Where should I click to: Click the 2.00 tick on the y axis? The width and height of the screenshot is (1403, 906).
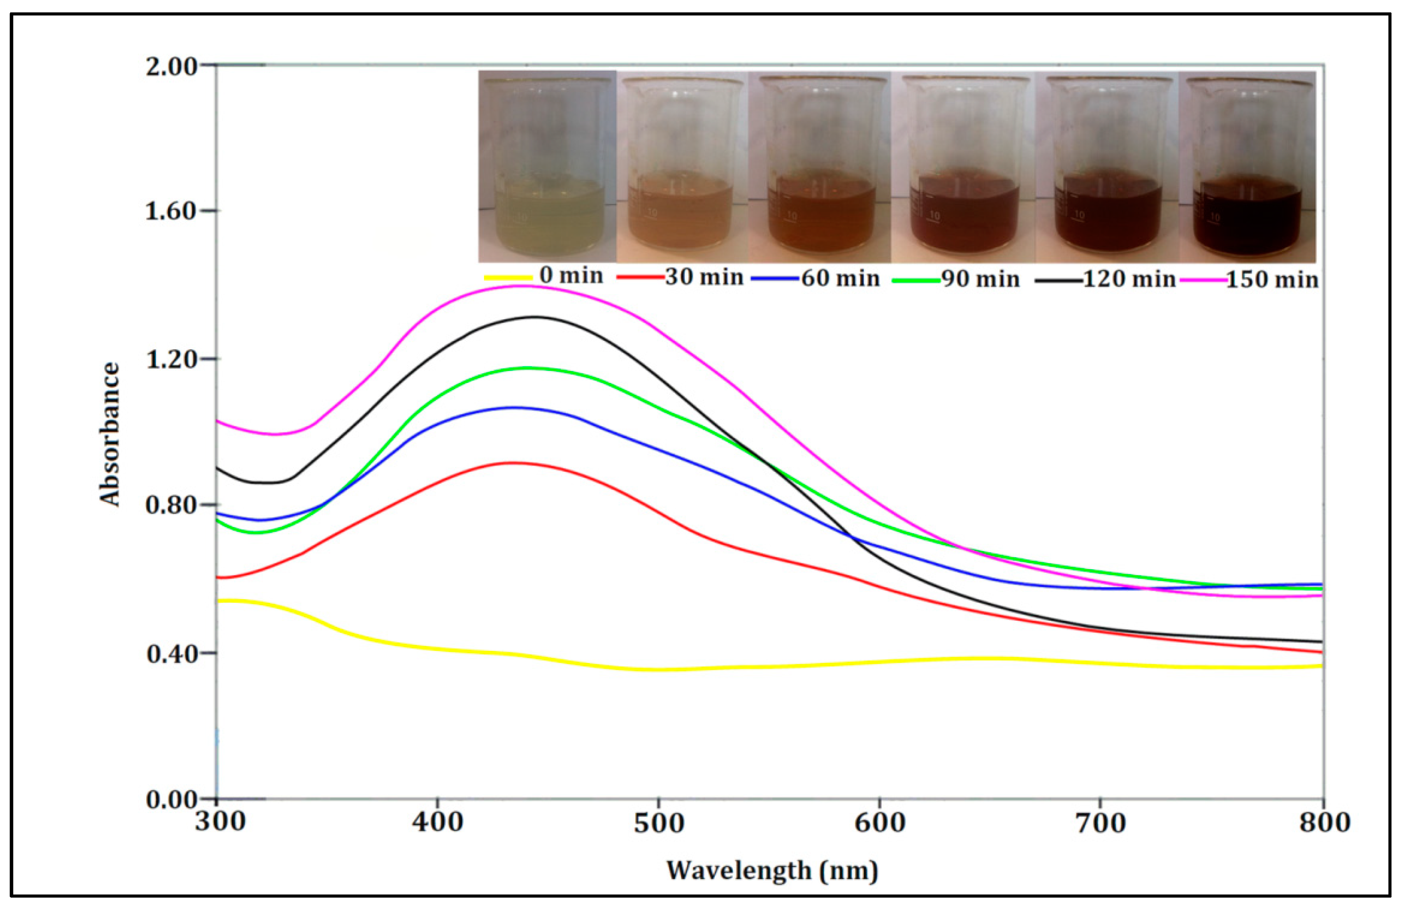coord(171,66)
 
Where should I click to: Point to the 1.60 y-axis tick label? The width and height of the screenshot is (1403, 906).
coord(171,211)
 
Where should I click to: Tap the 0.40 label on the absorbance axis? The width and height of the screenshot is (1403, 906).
coord(171,653)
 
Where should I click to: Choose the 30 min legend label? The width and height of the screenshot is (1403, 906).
coord(704,277)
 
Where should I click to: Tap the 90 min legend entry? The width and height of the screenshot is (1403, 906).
coord(980,279)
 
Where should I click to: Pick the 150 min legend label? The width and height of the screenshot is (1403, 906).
coord(1272,279)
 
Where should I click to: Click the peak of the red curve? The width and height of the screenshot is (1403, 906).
coord(511,463)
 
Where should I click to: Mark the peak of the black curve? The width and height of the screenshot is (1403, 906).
coord(535,317)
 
